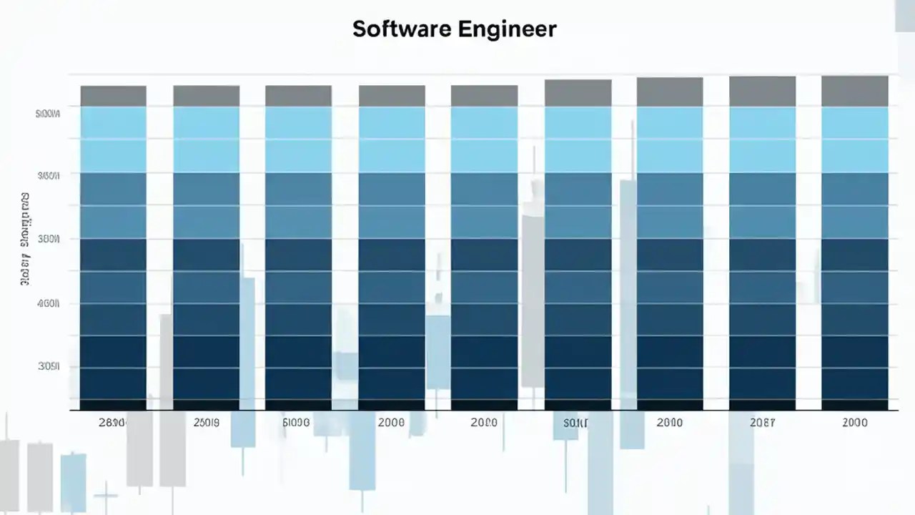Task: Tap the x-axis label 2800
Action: pos(112,423)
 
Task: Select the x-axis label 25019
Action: pos(207,423)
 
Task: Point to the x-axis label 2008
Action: pos(391,423)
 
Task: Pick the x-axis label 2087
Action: pos(762,423)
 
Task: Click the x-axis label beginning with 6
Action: pos(296,423)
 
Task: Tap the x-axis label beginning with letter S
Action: pos(575,423)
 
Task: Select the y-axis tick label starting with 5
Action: pos(48,113)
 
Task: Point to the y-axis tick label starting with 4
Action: pos(48,303)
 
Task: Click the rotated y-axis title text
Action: pos(24,240)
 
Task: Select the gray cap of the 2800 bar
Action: pos(113,96)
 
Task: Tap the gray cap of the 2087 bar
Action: pos(762,92)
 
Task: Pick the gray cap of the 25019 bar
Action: pos(206,96)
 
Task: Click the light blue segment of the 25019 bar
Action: pos(206,139)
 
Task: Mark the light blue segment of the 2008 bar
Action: pos(391,139)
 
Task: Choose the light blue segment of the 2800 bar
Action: pos(113,139)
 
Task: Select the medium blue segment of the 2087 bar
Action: pos(762,205)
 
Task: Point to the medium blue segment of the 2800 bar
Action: pos(113,205)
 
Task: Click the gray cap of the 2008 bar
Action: pos(391,96)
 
